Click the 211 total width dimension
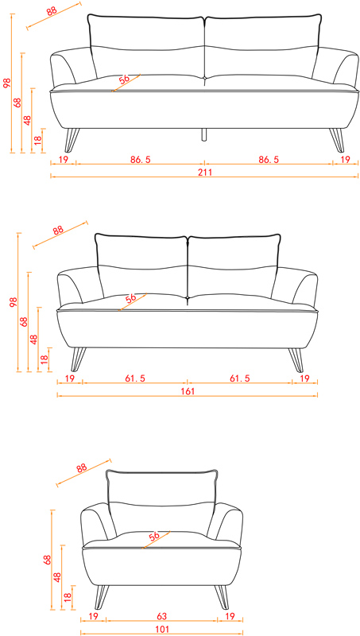point(205,172)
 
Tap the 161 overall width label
point(188,391)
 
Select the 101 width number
point(163,629)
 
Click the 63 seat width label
point(162,617)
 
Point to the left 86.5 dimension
point(141,160)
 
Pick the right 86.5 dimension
point(269,160)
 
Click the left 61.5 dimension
point(135,378)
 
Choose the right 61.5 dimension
point(240,378)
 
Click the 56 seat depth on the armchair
point(154,537)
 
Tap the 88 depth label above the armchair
point(82,467)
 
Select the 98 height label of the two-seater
point(14,302)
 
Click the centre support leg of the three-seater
point(204,134)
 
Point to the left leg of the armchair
point(102,597)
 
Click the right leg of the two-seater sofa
point(296,360)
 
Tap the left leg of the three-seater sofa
point(72,141)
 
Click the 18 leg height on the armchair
point(68,597)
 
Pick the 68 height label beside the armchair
point(48,560)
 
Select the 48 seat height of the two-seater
point(33,339)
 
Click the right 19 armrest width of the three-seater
point(345,160)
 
